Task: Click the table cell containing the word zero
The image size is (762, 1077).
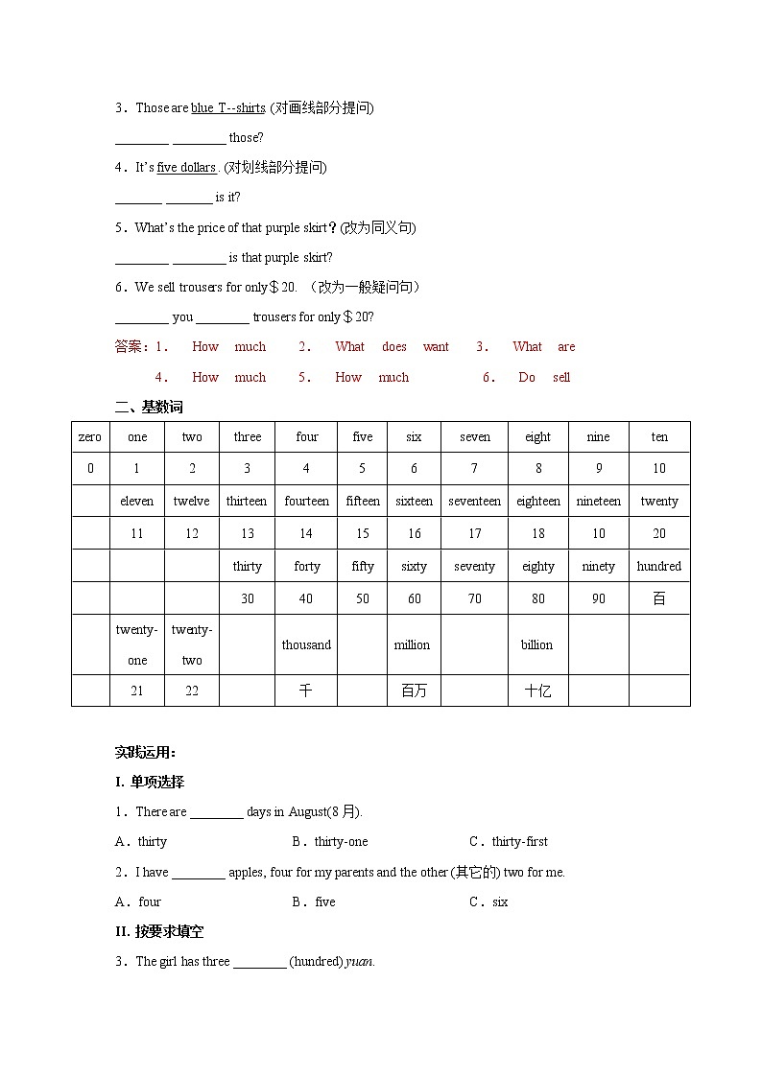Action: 89,437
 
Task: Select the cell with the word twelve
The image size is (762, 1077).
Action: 192,502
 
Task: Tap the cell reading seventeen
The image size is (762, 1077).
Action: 474,502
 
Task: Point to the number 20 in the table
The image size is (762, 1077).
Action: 659,534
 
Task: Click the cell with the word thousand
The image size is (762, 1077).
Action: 306,645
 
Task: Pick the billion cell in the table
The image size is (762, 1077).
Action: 536,645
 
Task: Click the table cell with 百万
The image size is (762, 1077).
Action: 414,691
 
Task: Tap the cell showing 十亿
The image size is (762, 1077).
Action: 537,691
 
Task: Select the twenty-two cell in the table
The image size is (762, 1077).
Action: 192,644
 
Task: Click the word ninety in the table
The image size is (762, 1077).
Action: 598,567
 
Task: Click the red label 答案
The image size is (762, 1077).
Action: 130,347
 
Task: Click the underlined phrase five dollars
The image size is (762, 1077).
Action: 186,168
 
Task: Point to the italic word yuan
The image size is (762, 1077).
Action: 360,962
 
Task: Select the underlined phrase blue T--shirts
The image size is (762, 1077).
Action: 227,108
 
